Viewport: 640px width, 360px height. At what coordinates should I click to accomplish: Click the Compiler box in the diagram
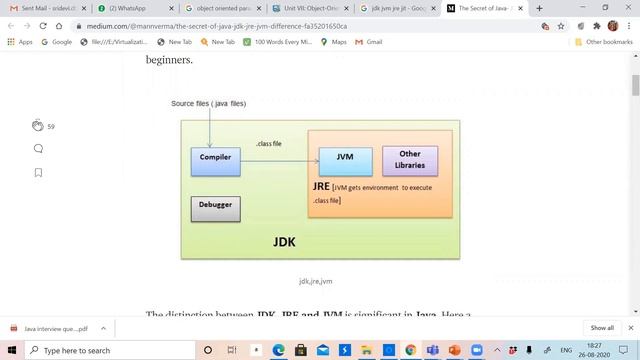(x=215, y=161)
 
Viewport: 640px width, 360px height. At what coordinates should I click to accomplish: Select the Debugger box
(x=215, y=208)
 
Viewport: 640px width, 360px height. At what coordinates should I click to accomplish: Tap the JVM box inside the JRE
(x=345, y=161)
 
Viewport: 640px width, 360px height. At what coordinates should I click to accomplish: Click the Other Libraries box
(x=410, y=160)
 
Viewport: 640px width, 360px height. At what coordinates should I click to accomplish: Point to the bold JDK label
(x=284, y=242)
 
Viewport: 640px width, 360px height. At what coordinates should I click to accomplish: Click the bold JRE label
(x=321, y=187)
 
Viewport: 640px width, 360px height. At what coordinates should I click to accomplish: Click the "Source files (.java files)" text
(x=208, y=104)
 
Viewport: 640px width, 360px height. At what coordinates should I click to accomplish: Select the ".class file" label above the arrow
(x=268, y=144)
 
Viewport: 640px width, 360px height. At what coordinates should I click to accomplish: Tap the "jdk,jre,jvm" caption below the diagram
(x=315, y=282)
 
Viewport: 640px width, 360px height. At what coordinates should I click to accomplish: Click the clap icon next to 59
(x=38, y=126)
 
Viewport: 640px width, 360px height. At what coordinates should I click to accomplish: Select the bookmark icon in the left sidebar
(x=38, y=172)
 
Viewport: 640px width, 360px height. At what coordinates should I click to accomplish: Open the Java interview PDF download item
(x=55, y=328)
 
